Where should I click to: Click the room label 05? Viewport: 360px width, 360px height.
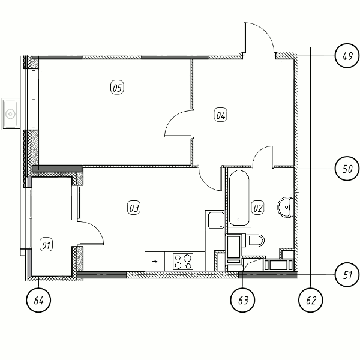click(117, 88)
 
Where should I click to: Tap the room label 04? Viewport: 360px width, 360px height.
click(220, 115)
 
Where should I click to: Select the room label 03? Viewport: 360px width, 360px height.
click(134, 208)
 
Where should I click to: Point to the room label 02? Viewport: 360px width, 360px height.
click(257, 208)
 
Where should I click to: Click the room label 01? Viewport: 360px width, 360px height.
click(46, 245)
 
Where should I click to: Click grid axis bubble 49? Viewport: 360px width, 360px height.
click(347, 56)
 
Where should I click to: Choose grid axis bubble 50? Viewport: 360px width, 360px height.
click(347, 169)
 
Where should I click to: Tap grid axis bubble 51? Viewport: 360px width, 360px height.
click(347, 274)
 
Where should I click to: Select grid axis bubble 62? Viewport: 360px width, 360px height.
click(311, 300)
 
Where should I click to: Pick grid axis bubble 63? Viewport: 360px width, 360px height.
click(242, 300)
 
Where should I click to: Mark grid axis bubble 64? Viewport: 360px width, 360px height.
click(38, 300)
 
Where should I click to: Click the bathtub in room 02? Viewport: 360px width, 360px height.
click(239, 199)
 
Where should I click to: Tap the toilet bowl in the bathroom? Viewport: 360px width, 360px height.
click(255, 241)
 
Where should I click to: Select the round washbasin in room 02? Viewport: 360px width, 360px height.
click(286, 207)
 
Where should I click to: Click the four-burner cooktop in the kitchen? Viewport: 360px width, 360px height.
click(183, 262)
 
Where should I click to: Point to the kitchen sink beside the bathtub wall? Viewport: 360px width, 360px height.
click(216, 220)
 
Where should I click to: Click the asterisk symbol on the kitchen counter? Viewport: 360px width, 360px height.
click(155, 261)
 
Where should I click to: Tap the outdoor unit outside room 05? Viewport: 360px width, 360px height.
click(11, 114)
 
